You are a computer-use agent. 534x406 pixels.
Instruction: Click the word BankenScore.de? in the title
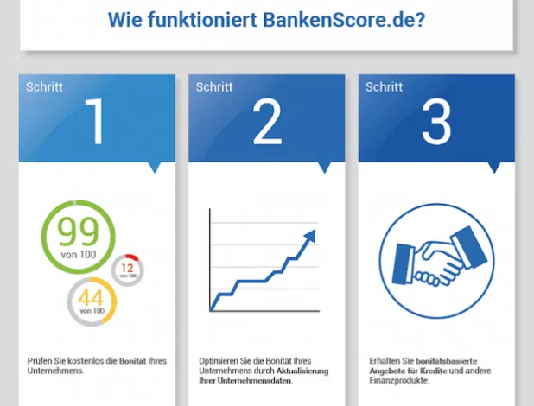(344, 19)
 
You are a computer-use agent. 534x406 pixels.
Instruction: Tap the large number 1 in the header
(96, 121)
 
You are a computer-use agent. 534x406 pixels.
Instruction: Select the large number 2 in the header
(267, 121)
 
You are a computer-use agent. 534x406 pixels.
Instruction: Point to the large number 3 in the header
(436, 121)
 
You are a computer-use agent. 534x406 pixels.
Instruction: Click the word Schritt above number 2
(214, 87)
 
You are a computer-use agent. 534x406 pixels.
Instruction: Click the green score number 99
(79, 232)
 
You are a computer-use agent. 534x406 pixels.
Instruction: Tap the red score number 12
(127, 268)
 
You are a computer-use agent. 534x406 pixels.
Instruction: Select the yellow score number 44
(91, 297)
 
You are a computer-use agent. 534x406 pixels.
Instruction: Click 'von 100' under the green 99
(79, 255)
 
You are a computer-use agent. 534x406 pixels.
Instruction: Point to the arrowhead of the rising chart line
(310, 236)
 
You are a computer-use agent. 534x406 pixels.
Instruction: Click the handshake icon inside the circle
(439, 257)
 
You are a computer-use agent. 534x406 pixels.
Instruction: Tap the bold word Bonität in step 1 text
(132, 361)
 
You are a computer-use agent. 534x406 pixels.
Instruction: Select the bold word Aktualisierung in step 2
(302, 371)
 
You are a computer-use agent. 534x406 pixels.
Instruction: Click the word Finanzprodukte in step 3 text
(399, 380)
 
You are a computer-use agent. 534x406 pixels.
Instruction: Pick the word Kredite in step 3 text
(433, 371)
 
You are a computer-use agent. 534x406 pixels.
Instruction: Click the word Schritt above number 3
(385, 87)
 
